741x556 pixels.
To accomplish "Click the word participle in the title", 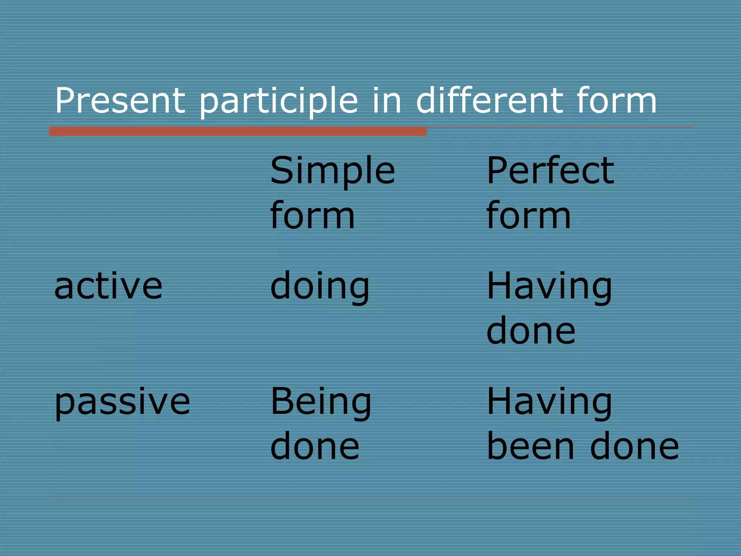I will [x=278, y=101].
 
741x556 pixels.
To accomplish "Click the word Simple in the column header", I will [x=332, y=171].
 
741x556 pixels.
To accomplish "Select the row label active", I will [x=108, y=286].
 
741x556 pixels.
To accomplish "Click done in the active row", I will [x=530, y=330].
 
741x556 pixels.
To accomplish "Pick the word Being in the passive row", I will [x=321, y=402].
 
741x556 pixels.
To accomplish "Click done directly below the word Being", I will [x=314, y=446].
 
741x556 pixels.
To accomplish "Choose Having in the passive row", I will [x=549, y=402].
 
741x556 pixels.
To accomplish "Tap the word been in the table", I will [x=530, y=446].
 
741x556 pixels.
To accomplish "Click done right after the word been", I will [x=634, y=446].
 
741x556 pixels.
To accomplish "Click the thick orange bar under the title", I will [x=238, y=131].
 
